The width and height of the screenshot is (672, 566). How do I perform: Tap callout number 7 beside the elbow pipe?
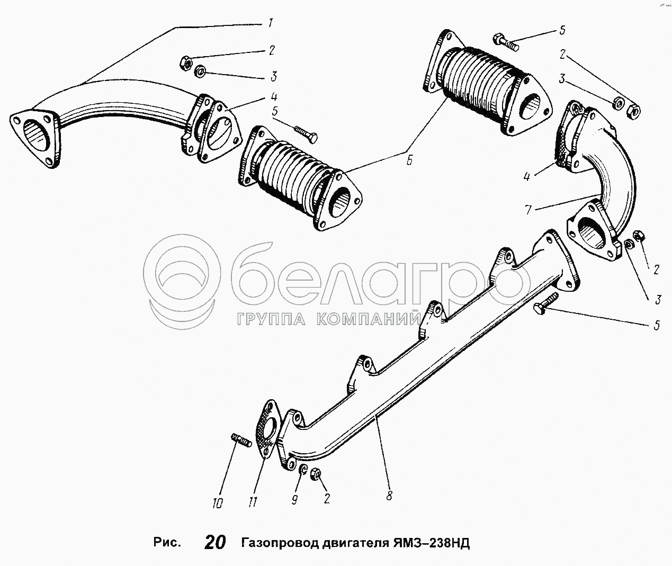(x=528, y=209)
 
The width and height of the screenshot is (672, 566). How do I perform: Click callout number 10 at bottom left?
(x=217, y=503)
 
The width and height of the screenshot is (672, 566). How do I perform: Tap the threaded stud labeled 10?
(x=240, y=441)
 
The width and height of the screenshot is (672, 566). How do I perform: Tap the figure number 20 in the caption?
(x=214, y=543)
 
